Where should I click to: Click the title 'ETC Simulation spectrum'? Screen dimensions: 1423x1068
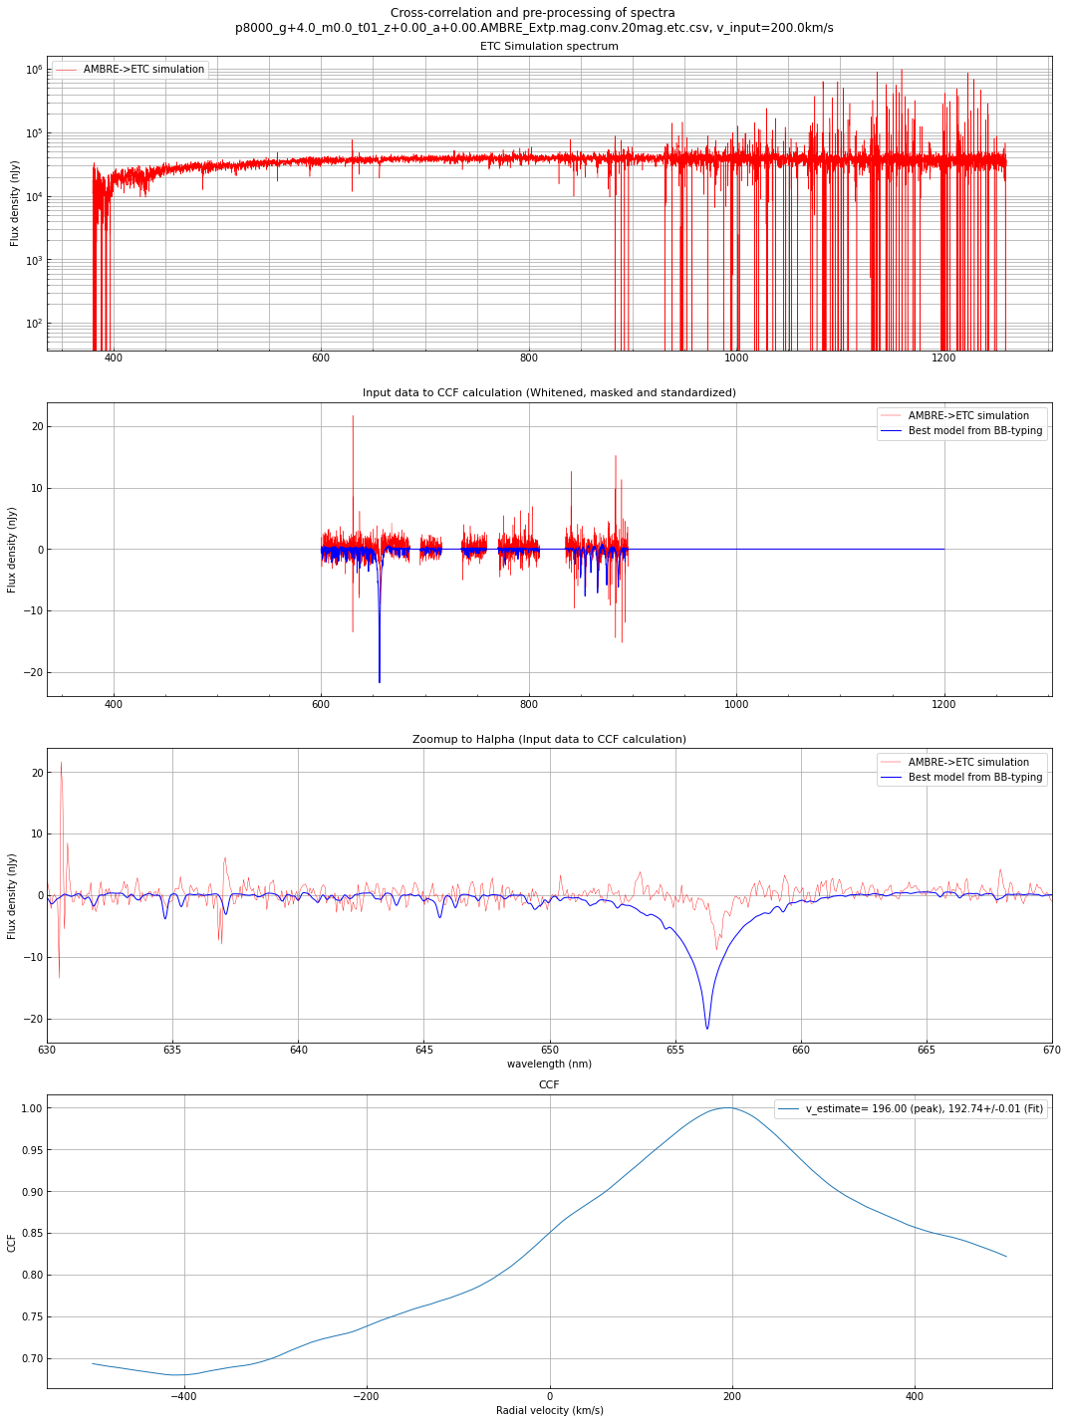coord(549,47)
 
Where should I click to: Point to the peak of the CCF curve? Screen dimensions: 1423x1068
coord(729,1107)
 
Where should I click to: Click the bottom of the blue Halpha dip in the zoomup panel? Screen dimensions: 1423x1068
coord(707,1028)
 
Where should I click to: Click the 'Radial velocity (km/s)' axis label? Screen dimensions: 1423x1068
coord(549,1410)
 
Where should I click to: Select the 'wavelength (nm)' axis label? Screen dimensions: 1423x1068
coord(549,1065)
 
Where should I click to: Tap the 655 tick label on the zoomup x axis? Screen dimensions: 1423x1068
coord(675,1050)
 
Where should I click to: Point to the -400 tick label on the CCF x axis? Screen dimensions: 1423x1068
coord(183,1395)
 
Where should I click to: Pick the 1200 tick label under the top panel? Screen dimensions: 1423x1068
coord(943,357)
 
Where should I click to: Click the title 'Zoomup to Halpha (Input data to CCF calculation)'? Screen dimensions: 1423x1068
coord(549,739)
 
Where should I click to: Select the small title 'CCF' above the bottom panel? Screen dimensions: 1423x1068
coord(549,1084)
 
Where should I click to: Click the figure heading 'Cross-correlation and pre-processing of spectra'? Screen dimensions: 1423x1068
coord(533,13)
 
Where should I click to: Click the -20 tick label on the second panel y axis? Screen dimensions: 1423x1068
coord(27,673)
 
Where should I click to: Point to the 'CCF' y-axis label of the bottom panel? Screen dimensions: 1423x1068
coord(12,1243)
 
